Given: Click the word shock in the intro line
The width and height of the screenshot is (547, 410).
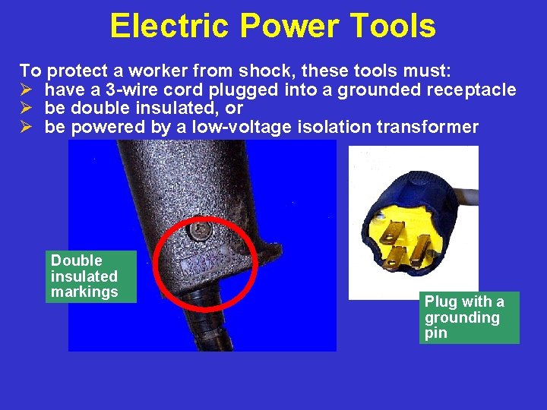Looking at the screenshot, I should (x=266, y=72).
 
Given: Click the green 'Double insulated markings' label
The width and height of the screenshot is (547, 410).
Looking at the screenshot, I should (x=90, y=276).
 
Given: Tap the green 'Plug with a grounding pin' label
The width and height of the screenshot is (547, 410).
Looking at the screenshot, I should (x=468, y=317).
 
